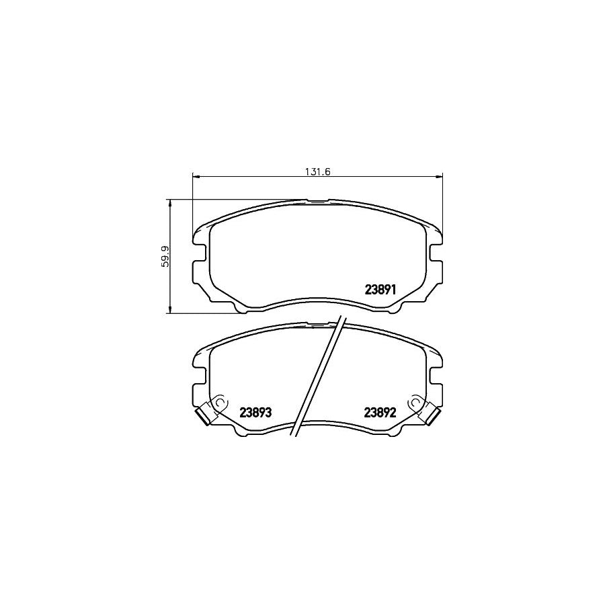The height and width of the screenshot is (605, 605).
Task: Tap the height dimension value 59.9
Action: point(163,256)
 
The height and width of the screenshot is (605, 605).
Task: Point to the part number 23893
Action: point(255,413)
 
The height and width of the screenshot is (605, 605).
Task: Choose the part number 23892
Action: point(382,413)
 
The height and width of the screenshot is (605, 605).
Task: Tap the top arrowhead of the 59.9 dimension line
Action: point(170,202)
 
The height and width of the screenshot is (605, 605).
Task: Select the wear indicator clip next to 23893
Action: point(203,417)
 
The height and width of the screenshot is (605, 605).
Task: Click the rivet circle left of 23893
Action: point(219,403)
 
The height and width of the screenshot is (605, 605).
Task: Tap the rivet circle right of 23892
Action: point(416,403)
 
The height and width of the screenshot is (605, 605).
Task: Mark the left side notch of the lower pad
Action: point(200,376)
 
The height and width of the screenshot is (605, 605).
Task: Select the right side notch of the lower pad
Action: point(436,376)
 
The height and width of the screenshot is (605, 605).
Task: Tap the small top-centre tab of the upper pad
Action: point(317,200)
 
